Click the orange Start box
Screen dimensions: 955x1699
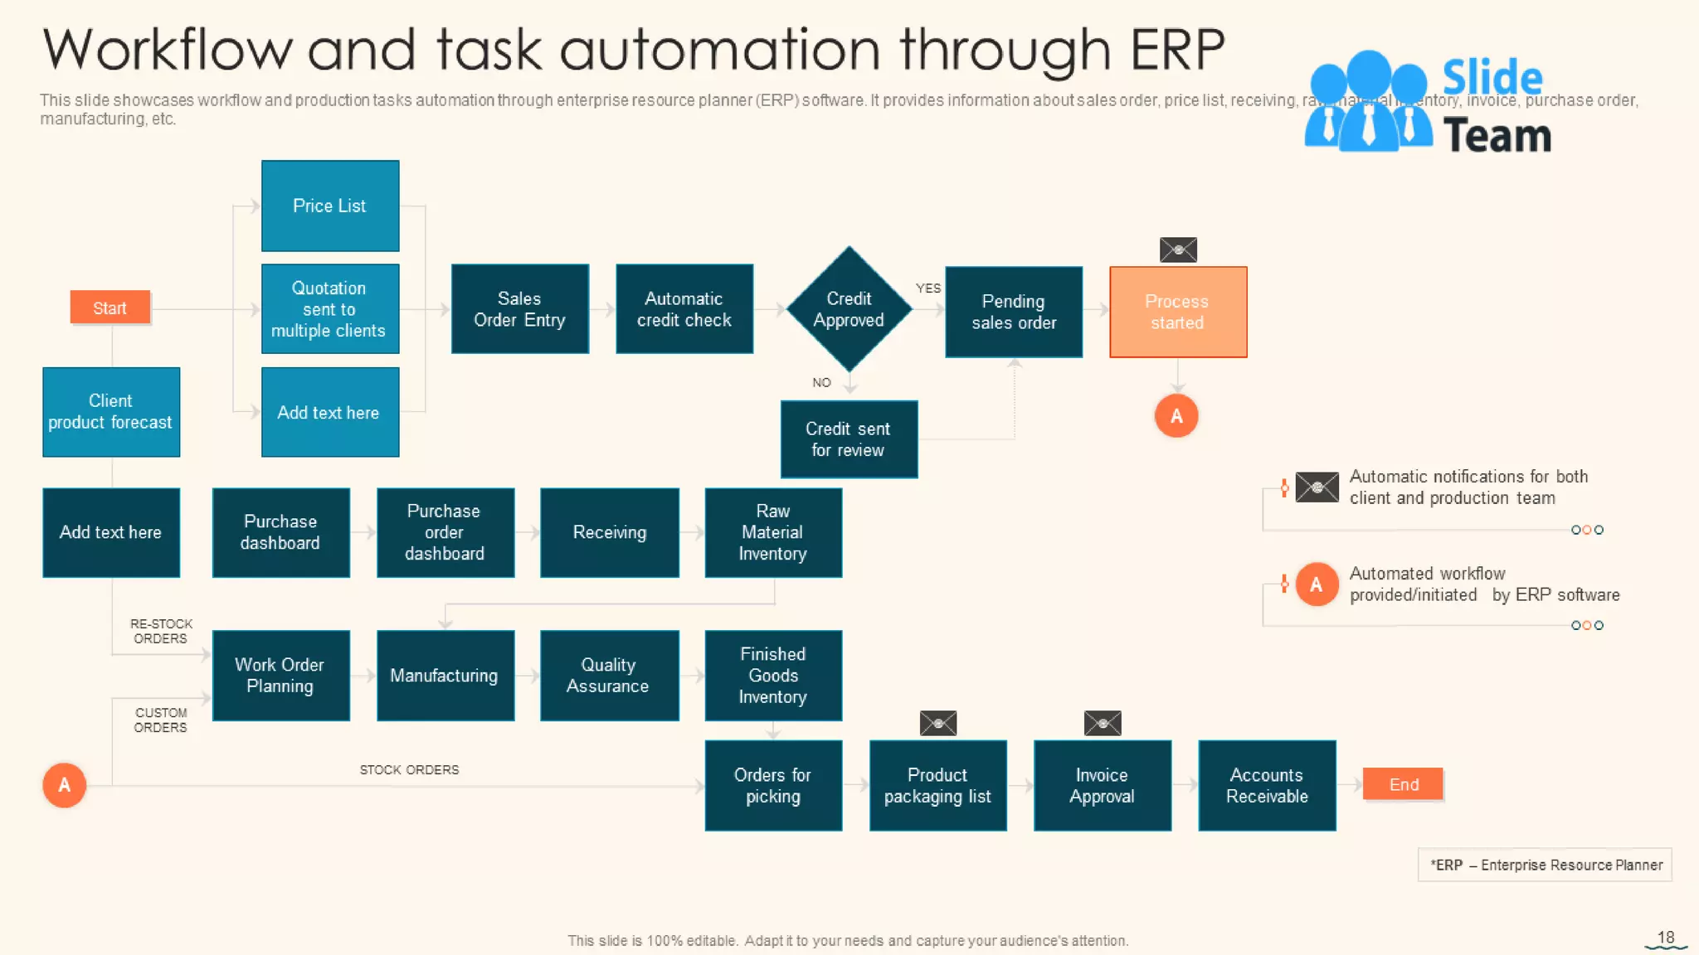[110, 308]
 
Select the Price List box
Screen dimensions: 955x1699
[330, 206]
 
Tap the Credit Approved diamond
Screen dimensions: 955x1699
[849, 309]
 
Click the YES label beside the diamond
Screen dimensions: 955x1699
[927, 288]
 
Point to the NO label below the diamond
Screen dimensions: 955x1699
[821, 382]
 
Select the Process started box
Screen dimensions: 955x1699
[1177, 312]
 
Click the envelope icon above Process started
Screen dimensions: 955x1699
[1178, 250]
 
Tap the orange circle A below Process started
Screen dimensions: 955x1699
[1176, 416]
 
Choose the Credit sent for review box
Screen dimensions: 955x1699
[849, 439]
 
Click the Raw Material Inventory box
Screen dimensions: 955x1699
[773, 532]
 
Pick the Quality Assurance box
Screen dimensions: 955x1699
[609, 676]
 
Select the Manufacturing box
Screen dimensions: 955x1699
[445, 676]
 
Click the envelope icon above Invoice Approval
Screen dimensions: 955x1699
[1102, 723]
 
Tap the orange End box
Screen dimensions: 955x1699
[1403, 784]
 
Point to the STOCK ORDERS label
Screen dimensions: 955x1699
[409, 770]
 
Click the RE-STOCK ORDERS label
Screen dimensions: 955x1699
[161, 631]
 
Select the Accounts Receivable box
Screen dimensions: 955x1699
[1267, 785]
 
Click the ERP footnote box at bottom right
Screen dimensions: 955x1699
[1545, 865]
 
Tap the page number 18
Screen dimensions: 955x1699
[1666, 938]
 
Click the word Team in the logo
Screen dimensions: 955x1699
[1497, 136]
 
